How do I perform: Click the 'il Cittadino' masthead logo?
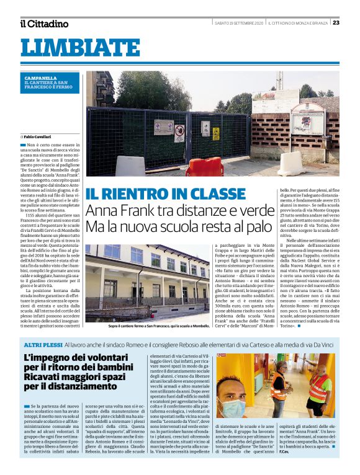click(43, 24)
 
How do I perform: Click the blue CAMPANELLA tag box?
click(51, 82)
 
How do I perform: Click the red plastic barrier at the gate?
click(204, 167)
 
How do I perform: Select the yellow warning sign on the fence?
click(216, 133)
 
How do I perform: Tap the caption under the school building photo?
click(158, 325)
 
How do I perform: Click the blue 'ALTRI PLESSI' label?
click(40, 343)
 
